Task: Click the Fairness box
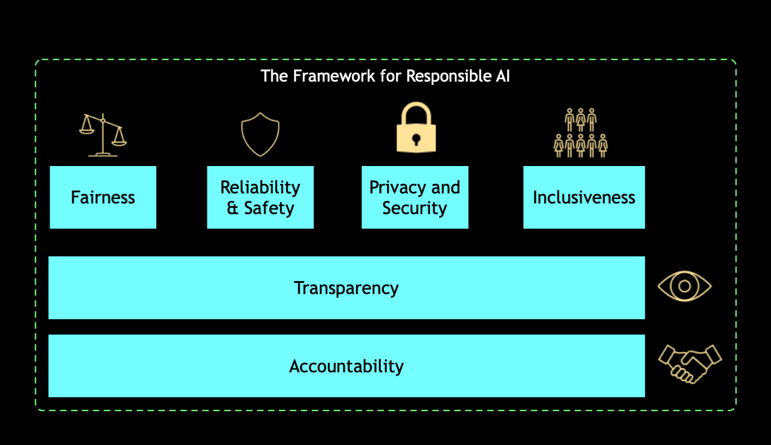coord(103,197)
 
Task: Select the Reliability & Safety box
coord(260,197)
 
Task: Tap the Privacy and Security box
coord(415,197)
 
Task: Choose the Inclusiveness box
coord(584,197)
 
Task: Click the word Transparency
coord(346,288)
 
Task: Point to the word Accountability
coord(346,366)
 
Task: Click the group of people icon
coord(580,133)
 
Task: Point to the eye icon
coord(684,287)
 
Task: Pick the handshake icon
coord(690,364)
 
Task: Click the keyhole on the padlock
coord(416,139)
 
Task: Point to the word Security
coord(415,208)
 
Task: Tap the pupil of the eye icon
coord(684,287)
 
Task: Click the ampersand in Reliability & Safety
coord(232,208)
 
